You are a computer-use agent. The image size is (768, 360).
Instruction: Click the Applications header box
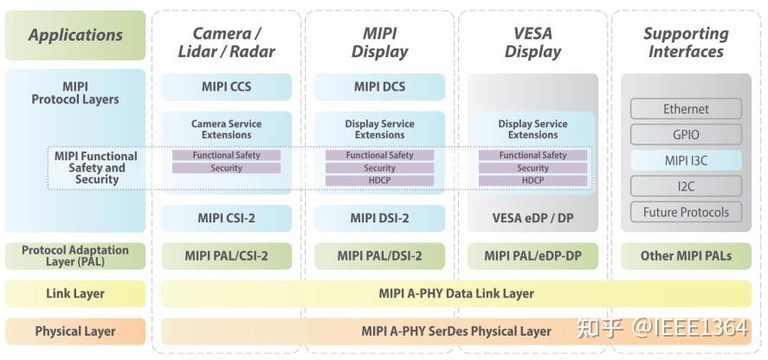tap(75, 35)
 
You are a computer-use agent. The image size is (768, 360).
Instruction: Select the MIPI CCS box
tap(226, 87)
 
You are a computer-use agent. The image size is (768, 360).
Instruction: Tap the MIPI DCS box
tap(379, 87)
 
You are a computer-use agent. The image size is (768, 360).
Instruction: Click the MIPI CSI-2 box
tap(226, 217)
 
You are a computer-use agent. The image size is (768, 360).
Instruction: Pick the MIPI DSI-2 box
tap(379, 217)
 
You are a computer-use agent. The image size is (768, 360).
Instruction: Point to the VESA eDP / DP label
tap(532, 218)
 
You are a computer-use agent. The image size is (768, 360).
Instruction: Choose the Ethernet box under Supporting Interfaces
tap(685, 109)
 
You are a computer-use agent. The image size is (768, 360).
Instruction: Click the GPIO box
tap(685, 135)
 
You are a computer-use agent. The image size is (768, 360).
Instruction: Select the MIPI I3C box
tap(685, 160)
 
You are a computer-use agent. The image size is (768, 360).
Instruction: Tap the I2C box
tap(685, 186)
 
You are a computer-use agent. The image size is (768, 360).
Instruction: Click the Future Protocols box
tap(685, 212)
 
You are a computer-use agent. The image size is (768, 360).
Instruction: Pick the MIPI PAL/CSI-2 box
tap(226, 255)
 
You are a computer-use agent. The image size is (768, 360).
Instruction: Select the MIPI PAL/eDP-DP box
tap(532, 255)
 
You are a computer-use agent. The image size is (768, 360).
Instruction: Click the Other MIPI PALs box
tap(685, 255)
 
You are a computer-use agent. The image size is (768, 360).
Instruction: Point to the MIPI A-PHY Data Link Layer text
tap(456, 293)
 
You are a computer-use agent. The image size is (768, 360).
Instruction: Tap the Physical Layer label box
tap(75, 331)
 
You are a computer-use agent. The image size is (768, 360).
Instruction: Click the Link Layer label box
tap(75, 293)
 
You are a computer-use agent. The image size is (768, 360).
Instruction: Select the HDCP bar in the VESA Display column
tap(532, 180)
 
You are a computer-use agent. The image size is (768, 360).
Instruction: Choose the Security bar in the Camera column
tap(226, 168)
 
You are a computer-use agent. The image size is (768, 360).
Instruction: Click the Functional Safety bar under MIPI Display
tap(379, 156)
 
